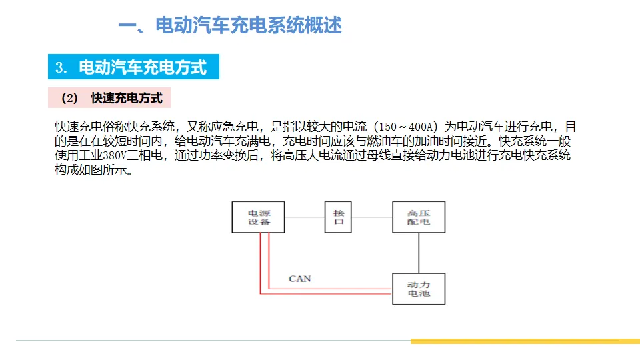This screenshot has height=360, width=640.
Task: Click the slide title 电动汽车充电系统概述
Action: coord(229,26)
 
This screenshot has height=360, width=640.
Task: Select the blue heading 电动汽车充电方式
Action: coord(142,67)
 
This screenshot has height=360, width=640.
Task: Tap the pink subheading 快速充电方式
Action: coord(127,98)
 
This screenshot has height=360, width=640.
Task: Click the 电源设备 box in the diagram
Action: coord(259,217)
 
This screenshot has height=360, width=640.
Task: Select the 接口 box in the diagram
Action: coord(339,217)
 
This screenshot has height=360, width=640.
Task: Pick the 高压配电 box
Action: coord(419,217)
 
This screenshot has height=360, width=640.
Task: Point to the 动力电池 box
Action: coord(419,289)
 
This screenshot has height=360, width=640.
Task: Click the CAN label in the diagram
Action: coord(299,278)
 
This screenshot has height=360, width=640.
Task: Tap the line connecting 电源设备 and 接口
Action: coord(305,217)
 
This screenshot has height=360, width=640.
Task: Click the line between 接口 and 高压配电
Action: coord(373,217)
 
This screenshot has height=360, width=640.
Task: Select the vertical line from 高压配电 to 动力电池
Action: coord(419,253)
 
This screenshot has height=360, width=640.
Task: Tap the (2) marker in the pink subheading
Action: coord(69,99)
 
